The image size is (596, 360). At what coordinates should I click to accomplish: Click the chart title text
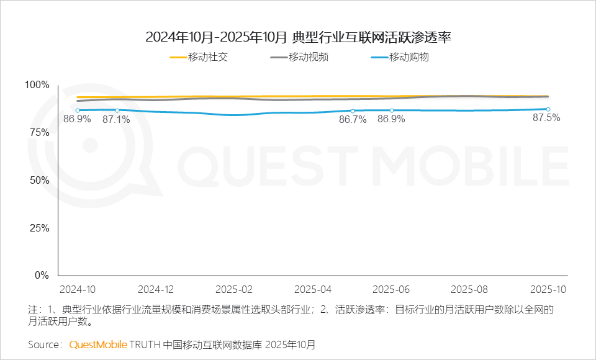pyautogui.click(x=298, y=37)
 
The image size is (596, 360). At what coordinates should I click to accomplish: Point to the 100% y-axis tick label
pyautogui.click(x=37, y=85)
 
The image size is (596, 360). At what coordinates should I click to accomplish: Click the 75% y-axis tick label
pyautogui.click(x=39, y=133)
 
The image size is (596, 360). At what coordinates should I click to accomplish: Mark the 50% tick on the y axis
pyautogui.click(x=39, y=180)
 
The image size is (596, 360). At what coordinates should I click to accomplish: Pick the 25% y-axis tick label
pyautogui.click(x=39, y=228)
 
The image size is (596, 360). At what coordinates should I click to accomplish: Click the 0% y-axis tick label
pyautogui.click(x=42, y=276)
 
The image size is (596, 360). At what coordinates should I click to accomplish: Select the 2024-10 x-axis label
pyautogui.click(x=78, y=290)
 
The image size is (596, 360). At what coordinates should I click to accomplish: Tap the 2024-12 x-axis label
pyautogui.click(x=156, y=290)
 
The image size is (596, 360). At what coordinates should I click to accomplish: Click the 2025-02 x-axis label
pyautogui.click(x=234, y=290)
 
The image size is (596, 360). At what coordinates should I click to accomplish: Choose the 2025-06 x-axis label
pyautogui.click(x=391, y=290)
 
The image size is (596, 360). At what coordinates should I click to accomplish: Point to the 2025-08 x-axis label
pyautogui.click(x=469, y=290)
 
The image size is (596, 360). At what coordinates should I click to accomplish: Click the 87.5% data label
pyautogui.click(x=547, y=118)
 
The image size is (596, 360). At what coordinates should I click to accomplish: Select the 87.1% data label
pyautogui.click(x=116, y=119)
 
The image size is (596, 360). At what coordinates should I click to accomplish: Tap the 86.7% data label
pyautogui.click(x=352, y=119)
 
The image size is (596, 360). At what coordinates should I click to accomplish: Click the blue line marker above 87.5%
pyautogui.click(x=548, y=109)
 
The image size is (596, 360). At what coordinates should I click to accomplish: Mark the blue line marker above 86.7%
pyautogui.click(x=352, y=111)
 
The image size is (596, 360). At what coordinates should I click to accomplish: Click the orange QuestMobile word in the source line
pyautogui.click(x=98, y=344)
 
